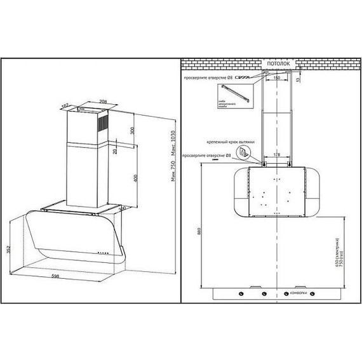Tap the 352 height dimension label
(7, 250)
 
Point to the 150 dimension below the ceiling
(277, 77)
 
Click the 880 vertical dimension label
(198, 232)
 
